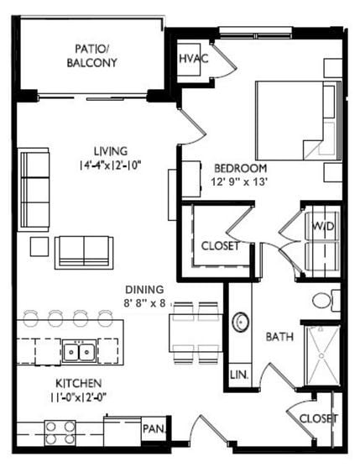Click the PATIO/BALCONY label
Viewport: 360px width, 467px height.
pos(95,55)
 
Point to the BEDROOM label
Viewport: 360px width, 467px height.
pos(240,167)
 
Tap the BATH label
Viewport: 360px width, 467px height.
pos(279,337)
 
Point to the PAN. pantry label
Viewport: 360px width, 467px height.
pos(154,428)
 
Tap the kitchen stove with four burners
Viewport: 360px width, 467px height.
pos(60,433)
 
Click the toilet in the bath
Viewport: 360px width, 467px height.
pos(324,300)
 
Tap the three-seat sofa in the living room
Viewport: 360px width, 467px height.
pos(35,190)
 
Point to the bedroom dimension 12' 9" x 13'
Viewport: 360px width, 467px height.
pos(240,182)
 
